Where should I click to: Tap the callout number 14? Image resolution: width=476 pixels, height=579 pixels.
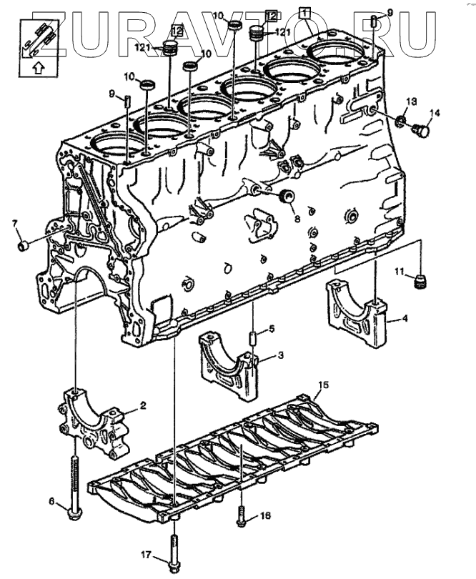click(435, 113)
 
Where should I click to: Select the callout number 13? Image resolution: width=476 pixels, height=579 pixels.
click(411, 100)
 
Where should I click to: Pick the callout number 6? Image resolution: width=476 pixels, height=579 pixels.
click(51, 501)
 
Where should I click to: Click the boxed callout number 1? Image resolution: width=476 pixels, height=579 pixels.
click(304, 11)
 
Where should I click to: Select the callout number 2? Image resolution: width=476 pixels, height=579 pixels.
click(142, 405)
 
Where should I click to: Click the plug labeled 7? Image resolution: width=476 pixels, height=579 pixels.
click(23, 247)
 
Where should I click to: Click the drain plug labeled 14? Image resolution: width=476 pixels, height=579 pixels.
click(422, 132)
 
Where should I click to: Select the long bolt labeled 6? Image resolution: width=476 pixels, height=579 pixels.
click(75, 486)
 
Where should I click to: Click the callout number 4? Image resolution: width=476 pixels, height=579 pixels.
click(405, 319)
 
